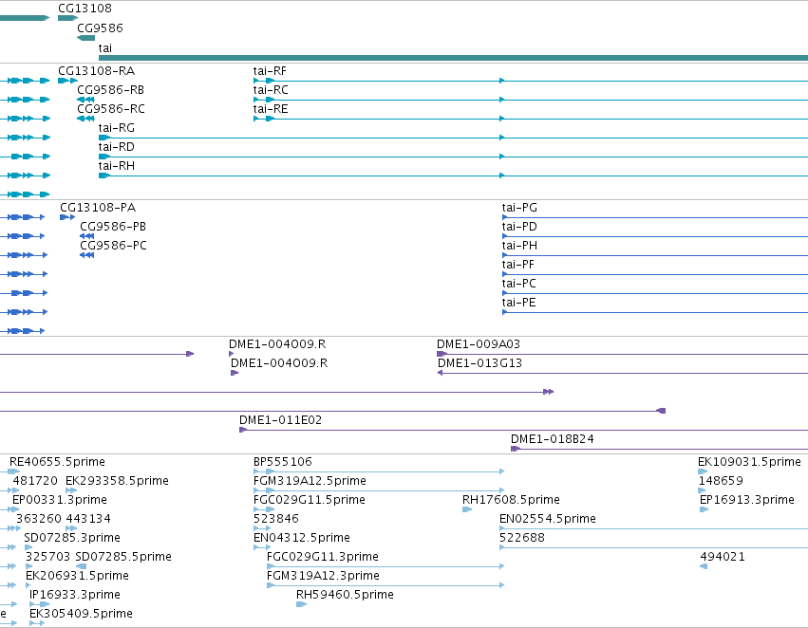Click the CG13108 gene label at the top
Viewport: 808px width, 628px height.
point(85,9)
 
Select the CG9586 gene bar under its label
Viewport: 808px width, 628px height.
point(86,38)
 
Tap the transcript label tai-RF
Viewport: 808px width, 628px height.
point(270,71)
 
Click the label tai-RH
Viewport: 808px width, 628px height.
point(117,166)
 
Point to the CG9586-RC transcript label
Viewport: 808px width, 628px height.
point(111,109)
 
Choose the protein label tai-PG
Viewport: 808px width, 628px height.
point(519,208)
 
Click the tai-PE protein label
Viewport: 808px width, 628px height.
point(519,303)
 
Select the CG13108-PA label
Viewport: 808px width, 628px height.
point(98,208)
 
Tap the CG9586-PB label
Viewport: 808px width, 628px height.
point(113,227)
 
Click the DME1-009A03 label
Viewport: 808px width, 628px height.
point(479,343)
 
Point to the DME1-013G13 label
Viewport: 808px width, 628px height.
point(479,363)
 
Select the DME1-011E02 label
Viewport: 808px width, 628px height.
point(280,420)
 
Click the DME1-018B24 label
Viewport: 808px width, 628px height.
point(552,439)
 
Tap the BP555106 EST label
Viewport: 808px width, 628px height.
point(282,462)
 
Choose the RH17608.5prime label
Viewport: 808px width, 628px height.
point(511,500)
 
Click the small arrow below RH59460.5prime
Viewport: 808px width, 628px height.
point(301,604)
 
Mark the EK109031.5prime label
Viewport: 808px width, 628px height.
point(749,462)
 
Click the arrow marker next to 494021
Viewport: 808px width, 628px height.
point(704,566)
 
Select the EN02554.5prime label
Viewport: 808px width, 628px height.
point(547,519)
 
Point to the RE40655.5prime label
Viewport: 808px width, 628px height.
point(57,462)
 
